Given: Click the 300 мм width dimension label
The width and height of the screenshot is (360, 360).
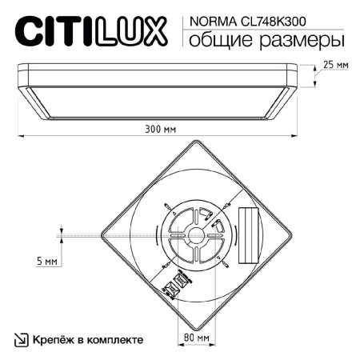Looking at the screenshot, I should tap(162, 128).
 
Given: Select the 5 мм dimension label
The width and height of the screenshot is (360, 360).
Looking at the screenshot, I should tap(46, 262).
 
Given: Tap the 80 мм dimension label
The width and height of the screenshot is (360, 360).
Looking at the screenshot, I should tap(196, 338).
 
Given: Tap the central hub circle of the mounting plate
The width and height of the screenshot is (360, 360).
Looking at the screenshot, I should tap(195, 235).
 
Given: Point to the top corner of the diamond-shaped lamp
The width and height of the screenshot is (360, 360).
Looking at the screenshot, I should tap(195, 142).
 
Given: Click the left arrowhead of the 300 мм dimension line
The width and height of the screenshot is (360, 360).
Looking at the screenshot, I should tap(20, 135).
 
